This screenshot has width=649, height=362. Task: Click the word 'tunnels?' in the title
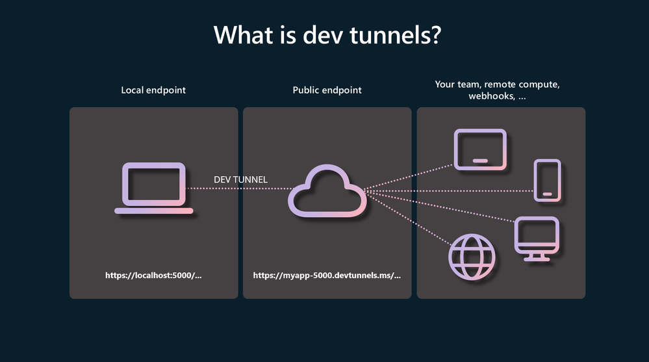(x=396, y=35)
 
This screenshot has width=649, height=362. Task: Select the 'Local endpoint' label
(x=153, y=90)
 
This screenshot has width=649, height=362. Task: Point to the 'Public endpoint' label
(x=327, y=90)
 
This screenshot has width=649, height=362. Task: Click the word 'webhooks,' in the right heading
(x=492, y=96)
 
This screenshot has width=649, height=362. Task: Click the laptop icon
(x=153, y=188)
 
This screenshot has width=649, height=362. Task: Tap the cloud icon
(x=327, y=190)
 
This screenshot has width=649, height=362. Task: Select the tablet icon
(x=480, y=149)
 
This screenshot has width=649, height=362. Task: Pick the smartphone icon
(x=547, y=180)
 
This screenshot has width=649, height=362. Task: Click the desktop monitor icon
(x=537, y=239)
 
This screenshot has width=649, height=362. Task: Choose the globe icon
(x=472, y=257)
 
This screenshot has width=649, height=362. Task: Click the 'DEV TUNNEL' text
(x=240, y=179)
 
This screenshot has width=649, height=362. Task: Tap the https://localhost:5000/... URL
(x=153, y=276)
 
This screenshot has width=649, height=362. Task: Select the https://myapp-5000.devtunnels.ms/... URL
(x=327, y=276)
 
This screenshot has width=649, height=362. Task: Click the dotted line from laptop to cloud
(x=239, y=188)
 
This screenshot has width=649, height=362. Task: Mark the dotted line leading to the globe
(x=408, y=218)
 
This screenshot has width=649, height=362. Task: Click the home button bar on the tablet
(x=480, y=161)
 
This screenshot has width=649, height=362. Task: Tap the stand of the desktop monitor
(x=537, y=257)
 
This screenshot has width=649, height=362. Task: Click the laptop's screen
(x=153, y=184)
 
